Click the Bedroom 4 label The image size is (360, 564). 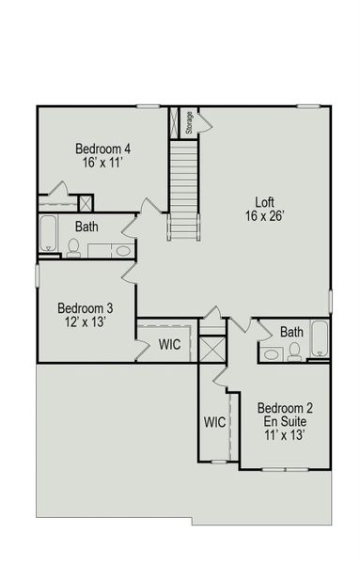point(102,149)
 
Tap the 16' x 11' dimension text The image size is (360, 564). point(102,163)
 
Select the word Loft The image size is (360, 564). point(266,201)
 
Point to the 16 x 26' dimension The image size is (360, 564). point(265,215)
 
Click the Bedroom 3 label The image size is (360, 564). point(86,307)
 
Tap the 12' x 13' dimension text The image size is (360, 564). point(86,321)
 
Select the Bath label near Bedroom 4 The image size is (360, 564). point(87,227)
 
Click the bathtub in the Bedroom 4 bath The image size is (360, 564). point(48,234)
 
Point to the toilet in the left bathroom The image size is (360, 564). point(74,248)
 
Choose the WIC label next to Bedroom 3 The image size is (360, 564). point(169,345)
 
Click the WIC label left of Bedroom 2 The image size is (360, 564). point(214,422)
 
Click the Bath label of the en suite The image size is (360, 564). point(291,332)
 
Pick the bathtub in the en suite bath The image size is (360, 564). point(320,339)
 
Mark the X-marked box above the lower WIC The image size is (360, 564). point(213,349)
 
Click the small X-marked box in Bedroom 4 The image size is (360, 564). point(86,202)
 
